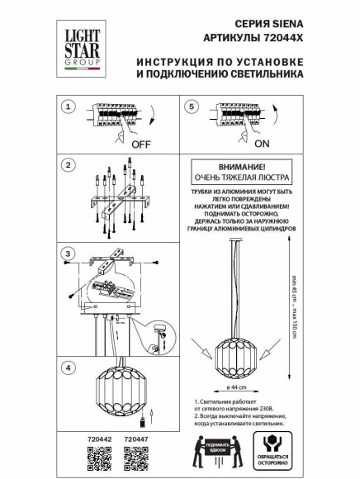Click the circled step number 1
[x=69, y=107]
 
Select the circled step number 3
[x=69, y=252]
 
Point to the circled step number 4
[x=69, y=367]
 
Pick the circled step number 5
[x=192, y=107]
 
